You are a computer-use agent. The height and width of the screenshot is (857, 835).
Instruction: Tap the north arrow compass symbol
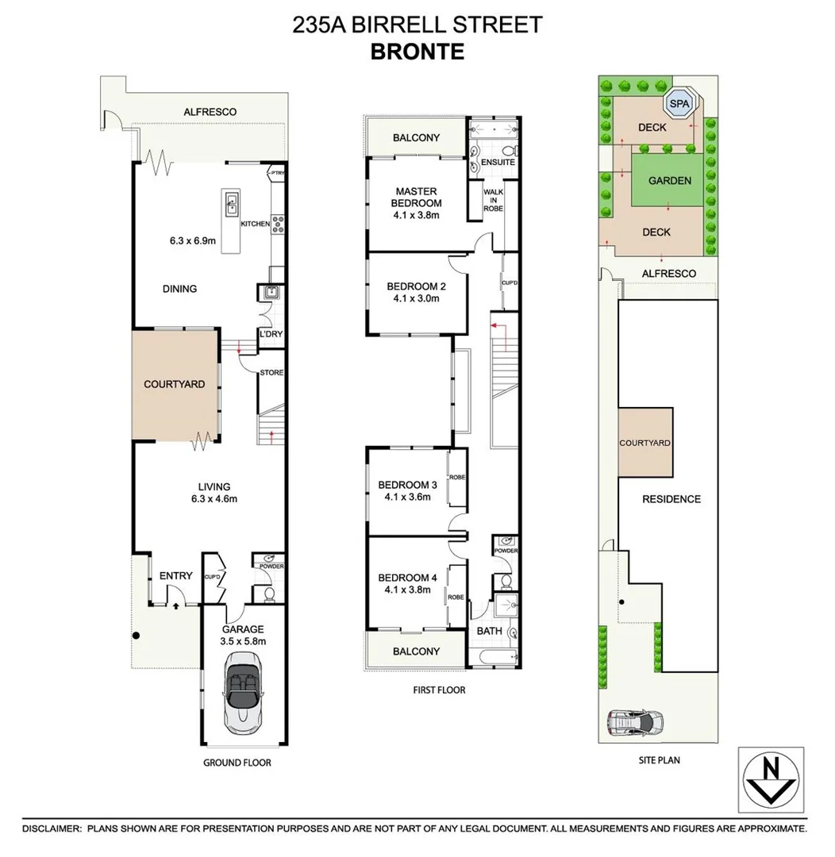pos(770,779)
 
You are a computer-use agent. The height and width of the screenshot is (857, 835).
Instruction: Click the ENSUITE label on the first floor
pos(498,163)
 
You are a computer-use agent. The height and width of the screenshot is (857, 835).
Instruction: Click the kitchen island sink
pos(232,204)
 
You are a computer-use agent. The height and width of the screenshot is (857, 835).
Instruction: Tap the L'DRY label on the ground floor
pos(271,336)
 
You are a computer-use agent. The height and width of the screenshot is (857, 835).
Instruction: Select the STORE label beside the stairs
pos(271,373)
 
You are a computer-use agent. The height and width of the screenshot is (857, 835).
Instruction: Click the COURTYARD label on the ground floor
pos(174,384)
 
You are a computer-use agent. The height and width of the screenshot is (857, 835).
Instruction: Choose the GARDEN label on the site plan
pos(669,181)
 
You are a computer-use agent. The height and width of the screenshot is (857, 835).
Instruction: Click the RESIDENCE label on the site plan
pos(671,499)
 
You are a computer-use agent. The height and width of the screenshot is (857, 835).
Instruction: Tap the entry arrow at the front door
pos(175,605)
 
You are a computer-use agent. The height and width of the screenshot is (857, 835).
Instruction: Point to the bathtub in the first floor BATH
pos(492,657)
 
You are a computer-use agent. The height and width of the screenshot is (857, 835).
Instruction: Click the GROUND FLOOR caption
pos(237,763)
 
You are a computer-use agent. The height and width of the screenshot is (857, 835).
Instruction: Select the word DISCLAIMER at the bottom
pos(52,828)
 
